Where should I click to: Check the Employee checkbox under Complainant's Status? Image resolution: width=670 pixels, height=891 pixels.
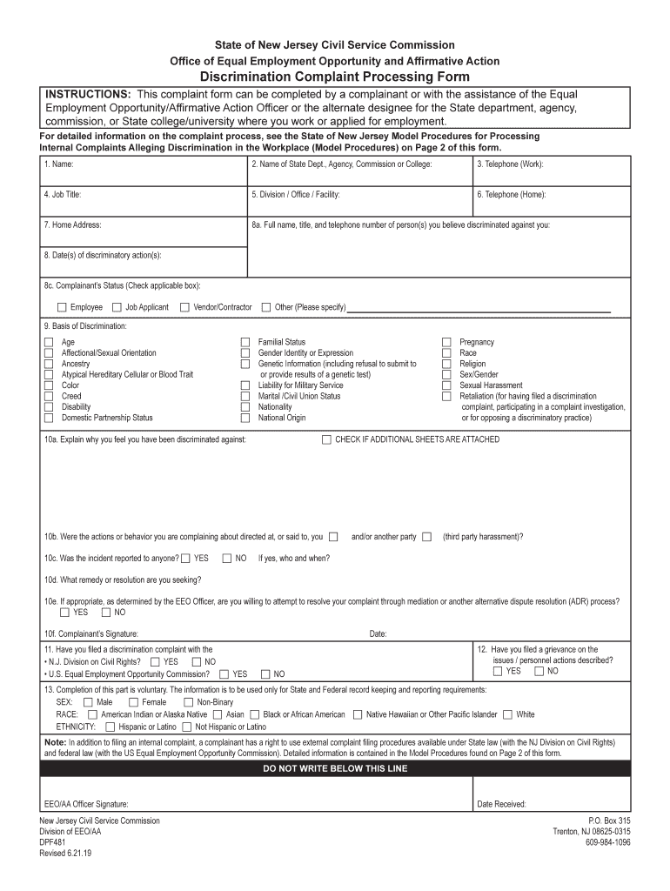coord(62,307)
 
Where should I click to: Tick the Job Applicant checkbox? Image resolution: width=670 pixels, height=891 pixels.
coord(117,307)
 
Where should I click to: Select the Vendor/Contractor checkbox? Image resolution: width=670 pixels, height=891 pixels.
coord(185,307)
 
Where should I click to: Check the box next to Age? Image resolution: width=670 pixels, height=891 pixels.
coord(49,343)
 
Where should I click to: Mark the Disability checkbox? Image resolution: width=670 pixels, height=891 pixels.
coord(49,407)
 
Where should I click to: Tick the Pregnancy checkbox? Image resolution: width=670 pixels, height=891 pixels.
coord(447,343)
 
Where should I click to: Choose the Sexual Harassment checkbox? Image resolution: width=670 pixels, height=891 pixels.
coord(447,385)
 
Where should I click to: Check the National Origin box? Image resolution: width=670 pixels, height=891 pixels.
coord(245,418)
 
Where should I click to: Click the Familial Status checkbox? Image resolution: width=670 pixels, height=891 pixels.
coord(245,343)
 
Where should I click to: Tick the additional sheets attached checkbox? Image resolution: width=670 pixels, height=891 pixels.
coord(327,439)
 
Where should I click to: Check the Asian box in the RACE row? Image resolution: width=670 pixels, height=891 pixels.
coord(218,714)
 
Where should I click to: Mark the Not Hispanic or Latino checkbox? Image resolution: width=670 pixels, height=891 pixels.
coord(187,727)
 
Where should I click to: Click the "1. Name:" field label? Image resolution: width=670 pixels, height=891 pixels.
coord(59,164)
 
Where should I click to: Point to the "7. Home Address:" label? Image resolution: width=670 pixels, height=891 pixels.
coord(73,224)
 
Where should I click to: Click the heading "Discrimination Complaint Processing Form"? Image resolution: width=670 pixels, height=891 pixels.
coord(335,77)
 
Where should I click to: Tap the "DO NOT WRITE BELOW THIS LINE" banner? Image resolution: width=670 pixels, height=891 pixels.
coord(335,769)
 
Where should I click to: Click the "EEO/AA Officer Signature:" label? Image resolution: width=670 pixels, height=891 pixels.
coord(86,804)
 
